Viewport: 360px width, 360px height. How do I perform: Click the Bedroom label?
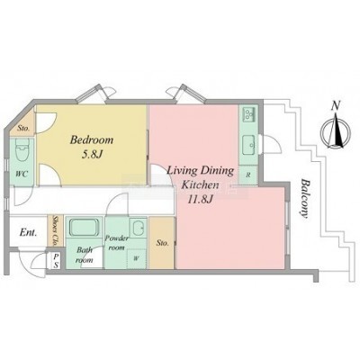[x=92, y=140]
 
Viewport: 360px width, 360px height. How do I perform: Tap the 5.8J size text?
[x=92, y=155]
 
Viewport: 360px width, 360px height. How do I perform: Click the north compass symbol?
[x=336, y=132]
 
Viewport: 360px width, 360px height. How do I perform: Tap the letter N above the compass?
[x=336, y=105]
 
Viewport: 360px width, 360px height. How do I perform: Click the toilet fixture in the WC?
[x=22, y=152]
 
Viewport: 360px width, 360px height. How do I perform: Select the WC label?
[x=22, y=174]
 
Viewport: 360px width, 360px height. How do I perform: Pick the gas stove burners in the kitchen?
[x=248, y=114]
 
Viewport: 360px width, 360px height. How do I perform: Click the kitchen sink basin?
[x=248, y=145]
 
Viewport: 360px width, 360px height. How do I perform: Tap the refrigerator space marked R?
[x=248, y=175]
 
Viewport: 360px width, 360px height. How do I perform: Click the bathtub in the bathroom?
[x=85, y=228]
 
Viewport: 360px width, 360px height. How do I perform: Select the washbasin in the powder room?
[x=139, y=229]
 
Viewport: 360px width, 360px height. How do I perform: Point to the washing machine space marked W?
[x=137, y=258]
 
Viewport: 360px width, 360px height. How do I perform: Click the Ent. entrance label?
[x=29, y=232]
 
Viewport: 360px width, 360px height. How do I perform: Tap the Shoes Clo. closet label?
[x=56, y=230]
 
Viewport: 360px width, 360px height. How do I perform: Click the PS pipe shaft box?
[x=56, y=261]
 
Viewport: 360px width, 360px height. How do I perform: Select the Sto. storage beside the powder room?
[x=162, y=242]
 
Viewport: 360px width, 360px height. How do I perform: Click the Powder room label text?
[x=116, y=243]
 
